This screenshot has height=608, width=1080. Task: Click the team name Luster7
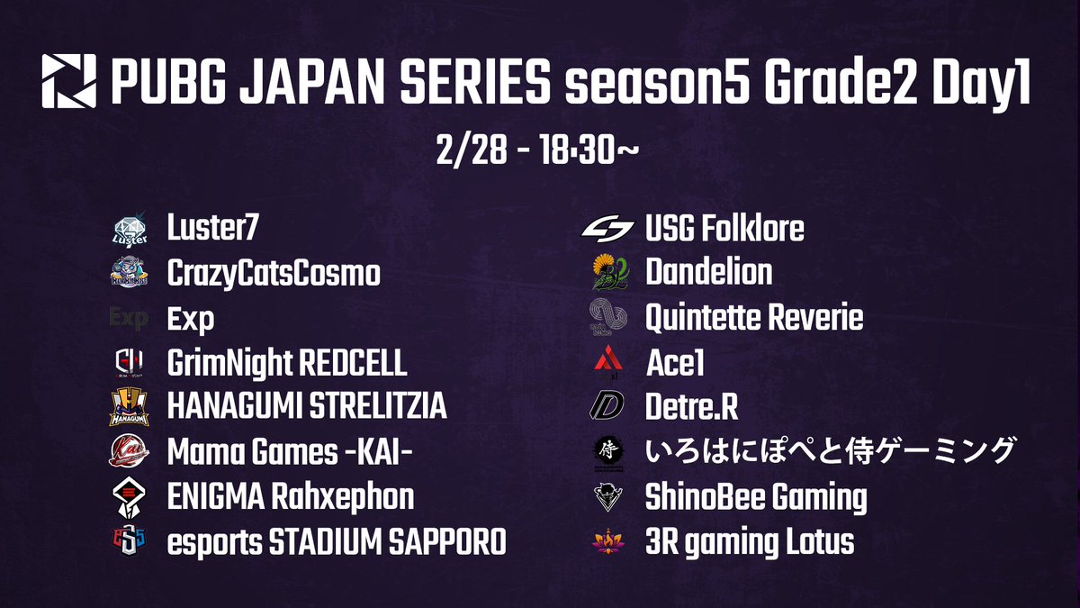(212, 230)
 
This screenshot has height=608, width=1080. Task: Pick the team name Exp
(191, 319)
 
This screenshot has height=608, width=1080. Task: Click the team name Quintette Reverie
(754, 318)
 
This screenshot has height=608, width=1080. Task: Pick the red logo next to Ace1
(609, 363)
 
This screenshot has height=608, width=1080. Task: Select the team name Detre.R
(691, 408)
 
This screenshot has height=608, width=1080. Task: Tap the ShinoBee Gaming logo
(609, 497)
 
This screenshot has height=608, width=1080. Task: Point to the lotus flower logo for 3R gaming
(609, 542)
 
